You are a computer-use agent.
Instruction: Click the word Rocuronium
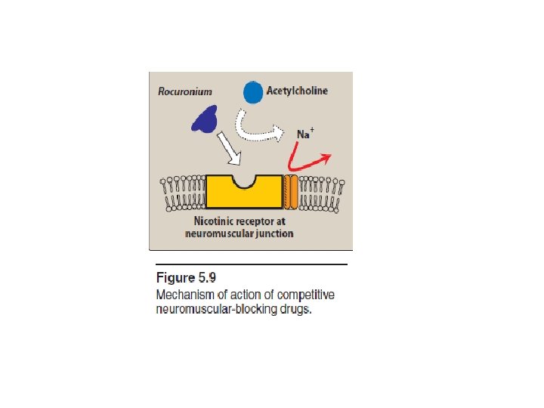(x=185, y=91)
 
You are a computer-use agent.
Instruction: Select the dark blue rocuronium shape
(x=204, y=117)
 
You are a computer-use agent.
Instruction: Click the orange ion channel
(x=291, y=191)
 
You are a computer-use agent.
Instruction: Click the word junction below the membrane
(x=273, y=234)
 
